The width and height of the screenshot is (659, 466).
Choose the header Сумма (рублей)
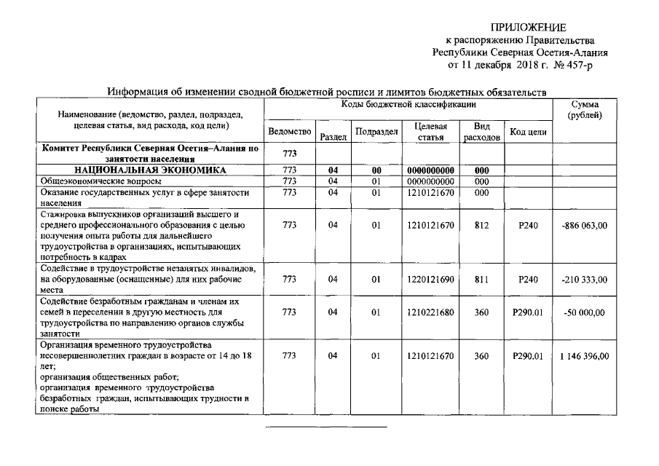point(585,111)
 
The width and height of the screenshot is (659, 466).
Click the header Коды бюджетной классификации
point(407,106)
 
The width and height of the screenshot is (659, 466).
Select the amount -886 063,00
point(585,225)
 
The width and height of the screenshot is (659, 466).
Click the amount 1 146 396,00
point(585,356)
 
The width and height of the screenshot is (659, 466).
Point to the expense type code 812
point(481,225)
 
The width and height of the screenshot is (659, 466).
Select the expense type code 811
point(481,279)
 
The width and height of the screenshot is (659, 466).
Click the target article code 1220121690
point(431,279)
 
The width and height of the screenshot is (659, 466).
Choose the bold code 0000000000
point(431,170)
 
